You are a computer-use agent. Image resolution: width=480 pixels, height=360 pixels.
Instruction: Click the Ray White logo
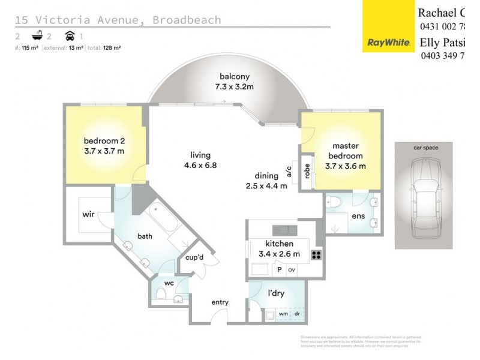click(388, 43)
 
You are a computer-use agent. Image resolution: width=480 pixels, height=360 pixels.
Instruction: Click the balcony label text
click(234, 82)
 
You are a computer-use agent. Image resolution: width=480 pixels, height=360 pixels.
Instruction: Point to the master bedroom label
click(344, 155)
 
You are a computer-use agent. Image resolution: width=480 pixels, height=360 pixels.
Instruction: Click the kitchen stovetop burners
click(317, 255)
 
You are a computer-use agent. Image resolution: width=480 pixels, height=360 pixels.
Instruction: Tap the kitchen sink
click(284, 230)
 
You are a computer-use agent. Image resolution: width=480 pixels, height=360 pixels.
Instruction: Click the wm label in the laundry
click(283, 313)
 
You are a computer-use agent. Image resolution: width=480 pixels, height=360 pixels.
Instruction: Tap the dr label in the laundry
click(296, 313)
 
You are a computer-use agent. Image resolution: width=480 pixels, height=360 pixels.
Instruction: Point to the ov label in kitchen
click(291, 270)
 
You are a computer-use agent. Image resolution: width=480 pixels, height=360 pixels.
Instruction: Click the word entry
click(220, 302)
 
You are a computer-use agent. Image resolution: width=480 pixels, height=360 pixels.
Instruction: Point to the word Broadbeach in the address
click(187, 20)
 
